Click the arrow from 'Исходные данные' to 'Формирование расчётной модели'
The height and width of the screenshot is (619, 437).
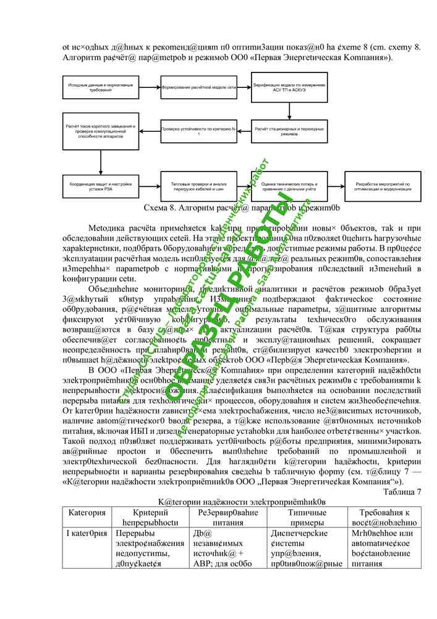pos(148,89)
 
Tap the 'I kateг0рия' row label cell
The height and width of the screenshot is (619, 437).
pos(88,533)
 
